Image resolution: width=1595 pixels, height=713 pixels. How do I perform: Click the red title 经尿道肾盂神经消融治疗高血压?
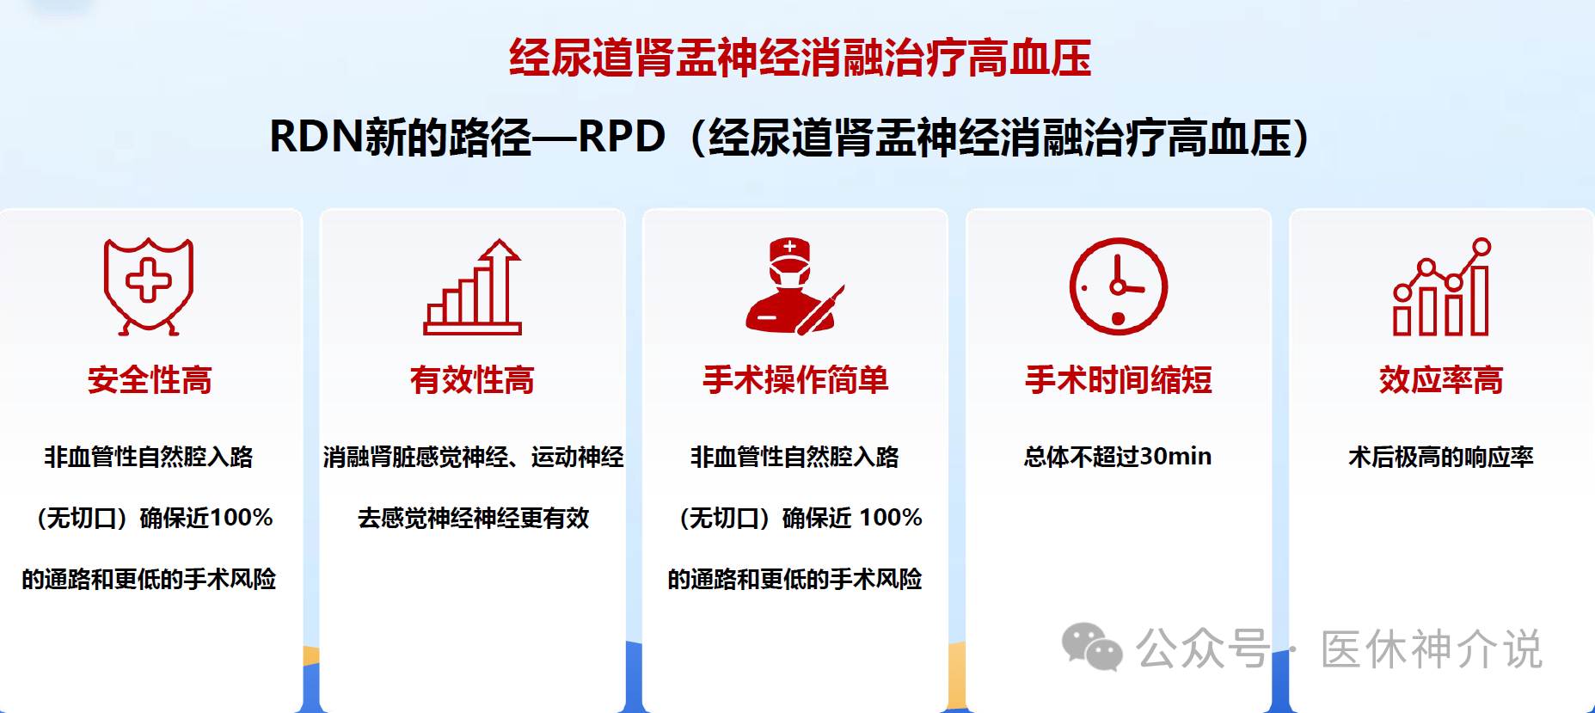tap(800, 58)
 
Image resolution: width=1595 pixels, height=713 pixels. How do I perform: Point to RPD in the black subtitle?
tap(622, 137)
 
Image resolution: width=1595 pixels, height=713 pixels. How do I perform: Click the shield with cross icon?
tap(149, 286)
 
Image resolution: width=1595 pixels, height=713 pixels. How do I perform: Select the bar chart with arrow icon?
tap(473, 286)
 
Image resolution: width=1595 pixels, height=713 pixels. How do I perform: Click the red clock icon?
tap(1118, 286)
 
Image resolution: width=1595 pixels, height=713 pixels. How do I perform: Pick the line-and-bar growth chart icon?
tap(1442, 286)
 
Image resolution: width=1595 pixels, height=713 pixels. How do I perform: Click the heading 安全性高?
tap(150, 380)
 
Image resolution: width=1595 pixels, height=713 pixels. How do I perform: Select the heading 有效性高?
tap(472, 380)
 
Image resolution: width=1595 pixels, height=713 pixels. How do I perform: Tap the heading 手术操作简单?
tap(795, 380)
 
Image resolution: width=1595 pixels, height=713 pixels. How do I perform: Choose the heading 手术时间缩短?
tap(1119, 380)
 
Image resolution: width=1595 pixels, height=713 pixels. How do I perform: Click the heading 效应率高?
tap(1441, 380)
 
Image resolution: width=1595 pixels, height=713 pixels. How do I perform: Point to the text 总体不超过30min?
tap(1118, 457)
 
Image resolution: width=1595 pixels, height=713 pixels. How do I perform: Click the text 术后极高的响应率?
tap(1441, 457)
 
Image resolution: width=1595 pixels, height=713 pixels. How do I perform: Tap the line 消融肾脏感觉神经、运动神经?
tap(473, 457)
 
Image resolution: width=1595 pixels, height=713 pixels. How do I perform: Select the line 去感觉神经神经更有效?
tap(473, 518)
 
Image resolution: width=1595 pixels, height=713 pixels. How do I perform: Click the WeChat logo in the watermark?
tap(1092, 647)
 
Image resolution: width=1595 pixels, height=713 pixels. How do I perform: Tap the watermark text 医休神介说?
tap(1432, 649)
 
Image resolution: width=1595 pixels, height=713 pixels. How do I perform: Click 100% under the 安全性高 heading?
tap(242, 518)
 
